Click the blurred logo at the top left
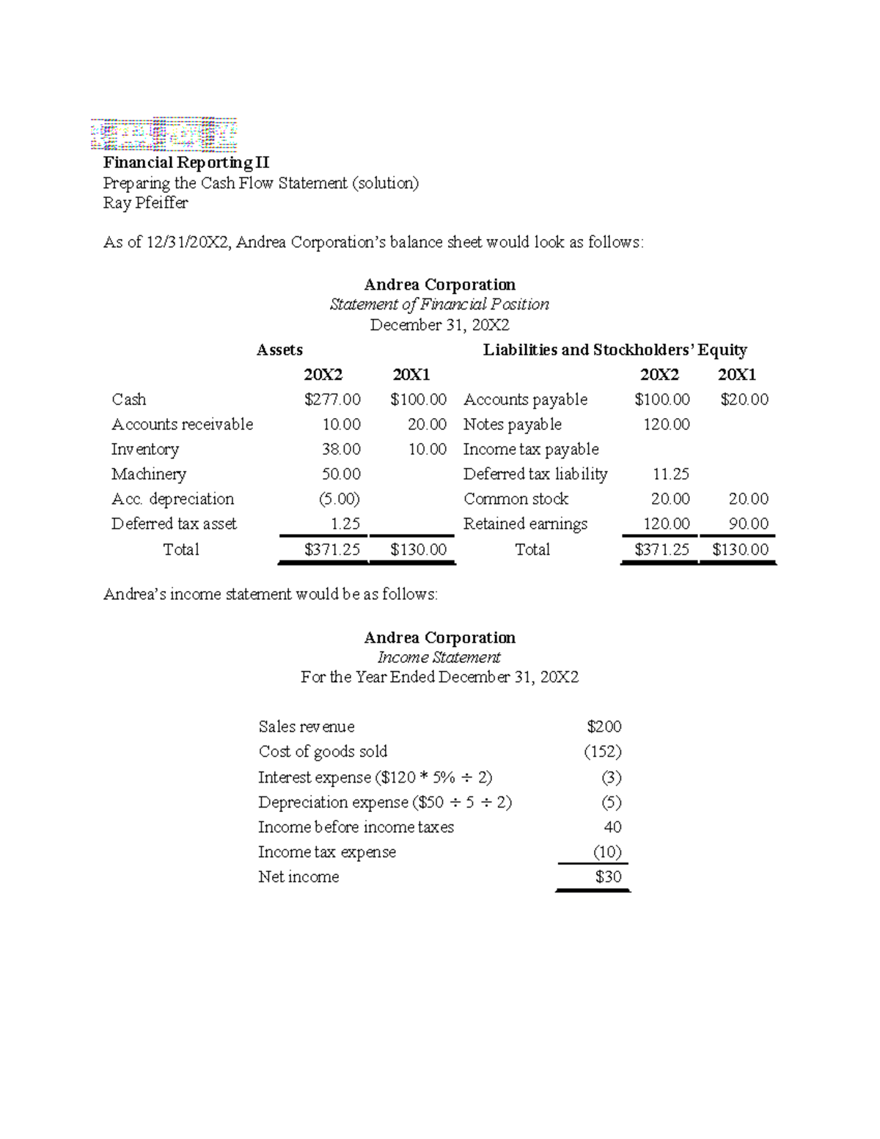click(164, 135)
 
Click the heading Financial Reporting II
click(186, 163)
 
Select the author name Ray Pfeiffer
click(145, 203)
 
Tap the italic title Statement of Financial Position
click(439, 304)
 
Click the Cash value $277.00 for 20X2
click(332, 400)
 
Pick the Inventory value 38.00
click(341, 450)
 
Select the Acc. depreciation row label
click(172, 499)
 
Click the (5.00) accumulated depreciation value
click(339, 499)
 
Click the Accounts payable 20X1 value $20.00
click(744, 400)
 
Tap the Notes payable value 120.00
click(666, 425)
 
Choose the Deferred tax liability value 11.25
click(670, 475)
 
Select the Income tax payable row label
click(531, 450)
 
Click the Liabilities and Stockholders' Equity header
click(615, 350)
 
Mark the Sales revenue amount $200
click(604, 727)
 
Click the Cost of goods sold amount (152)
click(603, 752)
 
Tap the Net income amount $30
click(608, 877)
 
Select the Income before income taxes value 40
click(612, 827)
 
